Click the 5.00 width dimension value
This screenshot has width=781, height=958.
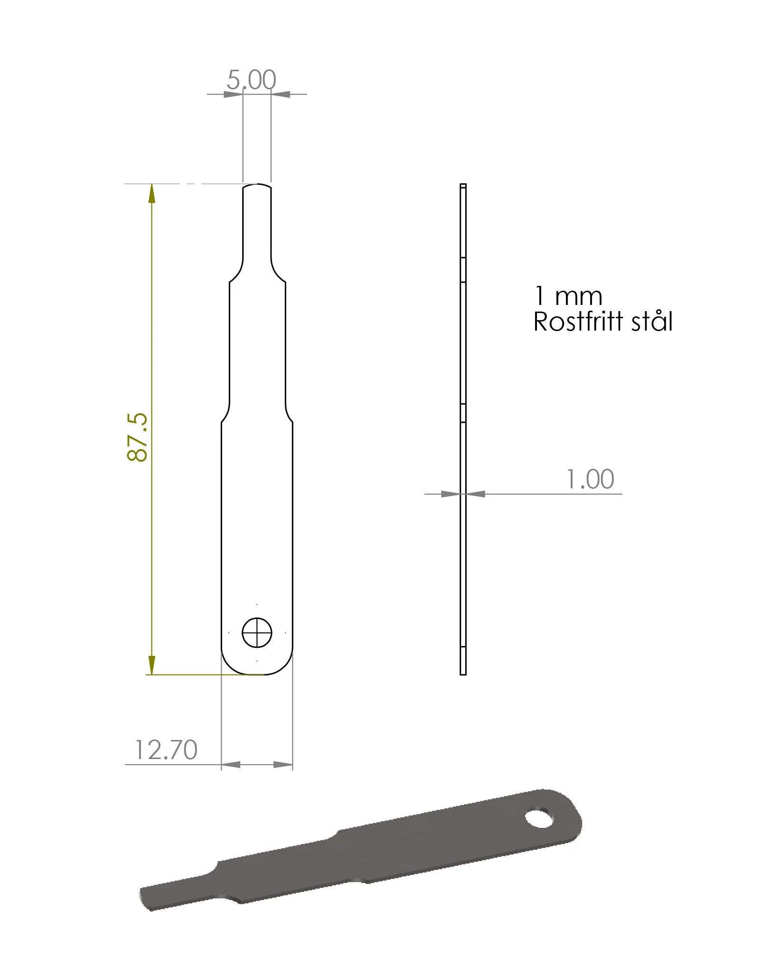pos(251,79)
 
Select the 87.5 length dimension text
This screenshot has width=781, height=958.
pos(138,437)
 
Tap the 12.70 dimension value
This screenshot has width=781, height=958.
pos(166,750)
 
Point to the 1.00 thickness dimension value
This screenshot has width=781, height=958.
pos(591,479)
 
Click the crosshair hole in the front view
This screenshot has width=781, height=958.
pos(257,633)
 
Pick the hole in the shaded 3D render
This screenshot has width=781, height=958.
pos(539,818)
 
